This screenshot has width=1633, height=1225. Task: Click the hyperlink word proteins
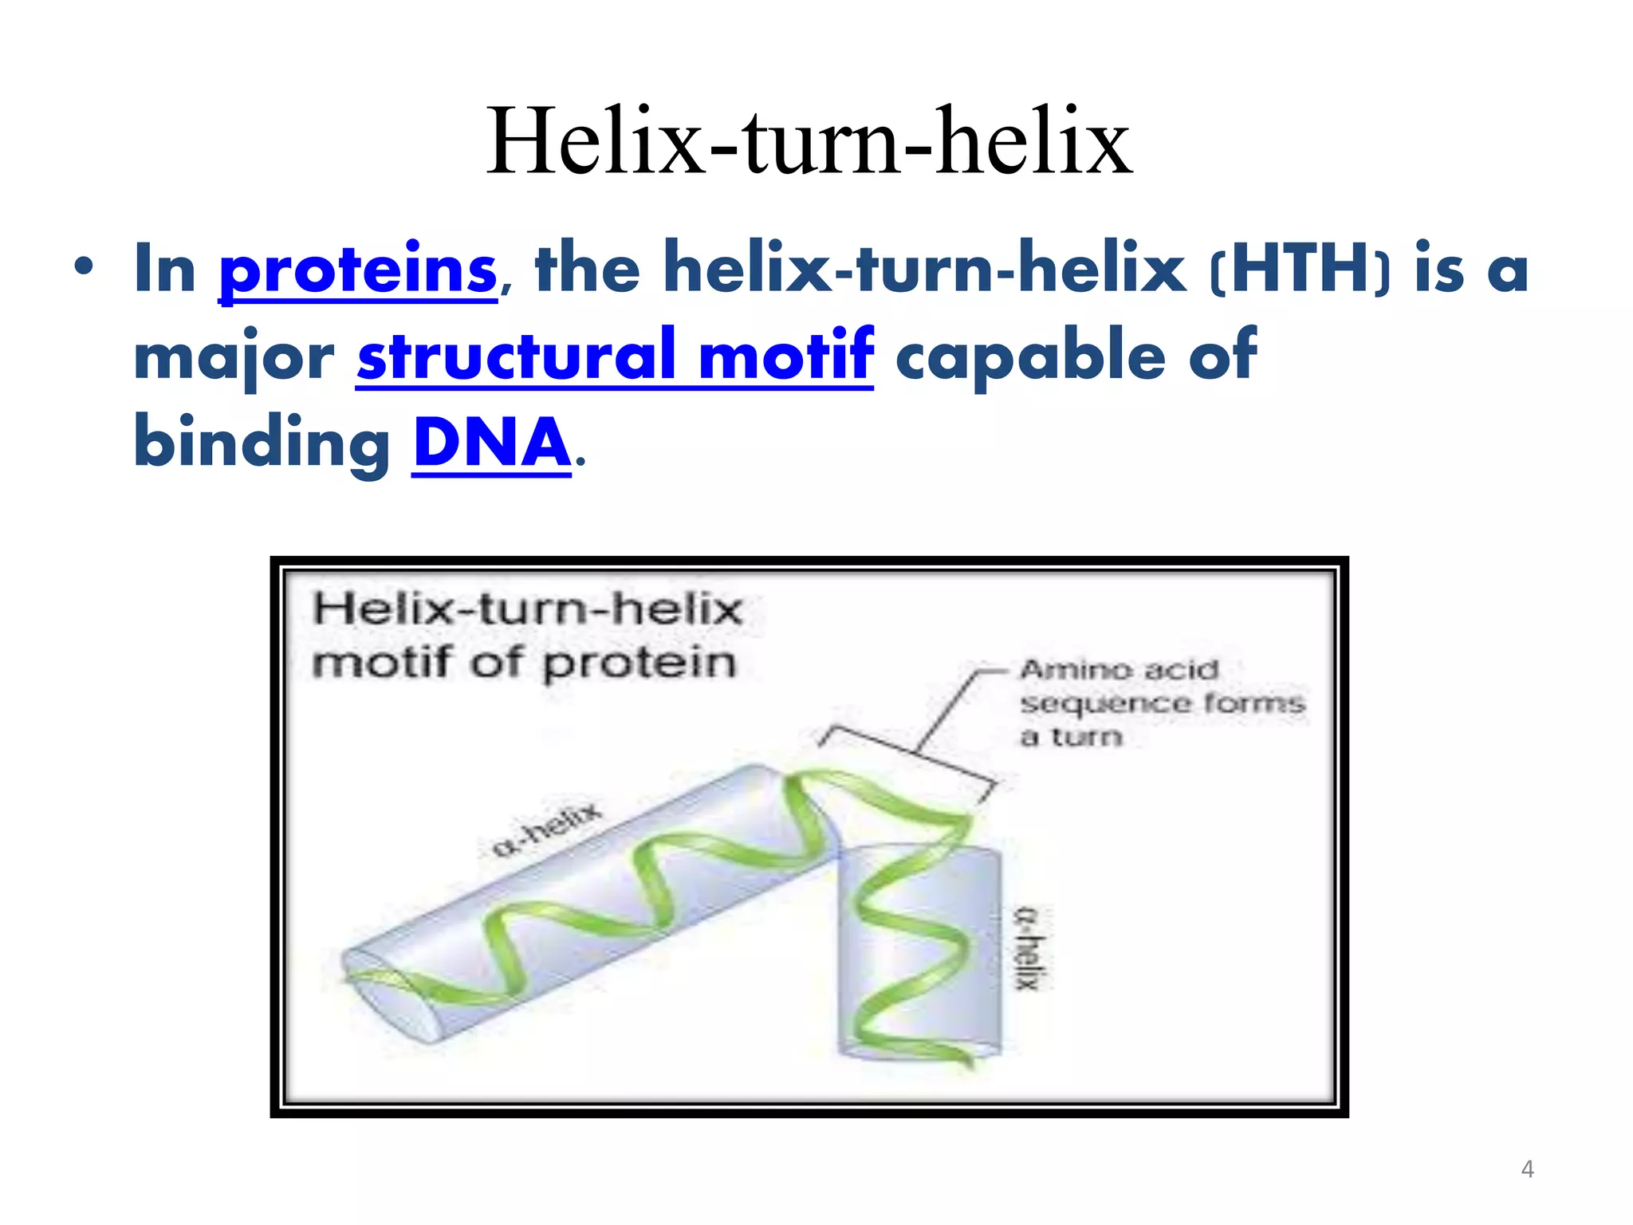358,270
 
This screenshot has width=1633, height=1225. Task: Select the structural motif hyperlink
615,355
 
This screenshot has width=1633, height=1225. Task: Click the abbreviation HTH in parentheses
1300,270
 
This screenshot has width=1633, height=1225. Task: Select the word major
234,356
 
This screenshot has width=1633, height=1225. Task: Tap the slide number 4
1527,1169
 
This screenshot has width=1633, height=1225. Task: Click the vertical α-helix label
1028,948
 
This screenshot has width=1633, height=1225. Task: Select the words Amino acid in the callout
1119,669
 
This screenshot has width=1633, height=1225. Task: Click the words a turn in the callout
1071,736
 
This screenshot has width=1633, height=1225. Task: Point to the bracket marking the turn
909,754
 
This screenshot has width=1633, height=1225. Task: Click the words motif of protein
524,663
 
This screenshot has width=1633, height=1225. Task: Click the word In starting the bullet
165,270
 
